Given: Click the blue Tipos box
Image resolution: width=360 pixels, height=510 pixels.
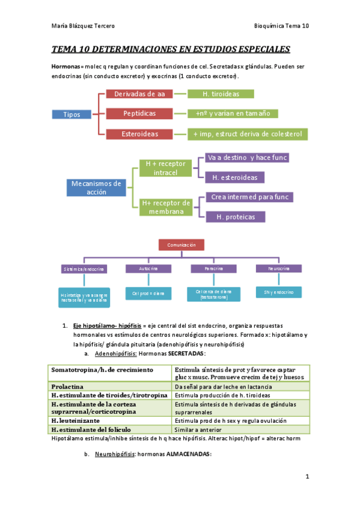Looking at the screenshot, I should (x=73, y=114).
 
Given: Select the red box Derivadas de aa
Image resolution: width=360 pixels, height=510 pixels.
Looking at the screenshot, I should (x=139, y=94).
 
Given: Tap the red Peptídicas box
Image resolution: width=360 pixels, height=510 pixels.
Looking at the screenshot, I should (x=139, y=113).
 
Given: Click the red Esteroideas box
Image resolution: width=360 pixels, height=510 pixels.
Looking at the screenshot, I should (x=139, y=134).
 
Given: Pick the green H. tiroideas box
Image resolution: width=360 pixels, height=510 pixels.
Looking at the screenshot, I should (x=221, y=94).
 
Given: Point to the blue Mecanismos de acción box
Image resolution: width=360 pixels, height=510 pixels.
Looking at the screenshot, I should (x=96, y=188).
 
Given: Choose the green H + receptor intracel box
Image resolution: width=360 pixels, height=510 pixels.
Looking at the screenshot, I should (x=166, y=168).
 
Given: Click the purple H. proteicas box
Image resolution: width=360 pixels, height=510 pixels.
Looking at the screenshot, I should (x=235, y=217).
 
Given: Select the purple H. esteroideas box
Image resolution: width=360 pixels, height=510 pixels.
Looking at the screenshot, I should (x=235, y=177).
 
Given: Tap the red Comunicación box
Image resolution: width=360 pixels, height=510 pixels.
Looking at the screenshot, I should (x=181, y=245).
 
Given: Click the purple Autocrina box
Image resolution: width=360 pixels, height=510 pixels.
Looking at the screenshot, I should (x=148, y=268).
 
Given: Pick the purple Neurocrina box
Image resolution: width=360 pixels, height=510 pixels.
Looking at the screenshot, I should (x=278, y=268).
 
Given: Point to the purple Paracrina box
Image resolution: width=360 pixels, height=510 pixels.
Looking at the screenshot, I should (x=213, y=268).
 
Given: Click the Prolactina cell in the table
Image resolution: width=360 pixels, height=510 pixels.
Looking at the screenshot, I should (x=110, y=386).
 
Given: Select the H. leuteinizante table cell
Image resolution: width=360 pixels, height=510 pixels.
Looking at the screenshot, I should (x=110, y=421).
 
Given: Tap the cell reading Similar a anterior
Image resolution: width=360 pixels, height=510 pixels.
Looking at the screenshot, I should (x=240, y=429).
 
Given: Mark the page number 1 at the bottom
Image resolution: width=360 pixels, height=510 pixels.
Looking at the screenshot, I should (x=307, y=477).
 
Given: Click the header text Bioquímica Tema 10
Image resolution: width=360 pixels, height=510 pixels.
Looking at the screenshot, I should (x=281, y=26).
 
